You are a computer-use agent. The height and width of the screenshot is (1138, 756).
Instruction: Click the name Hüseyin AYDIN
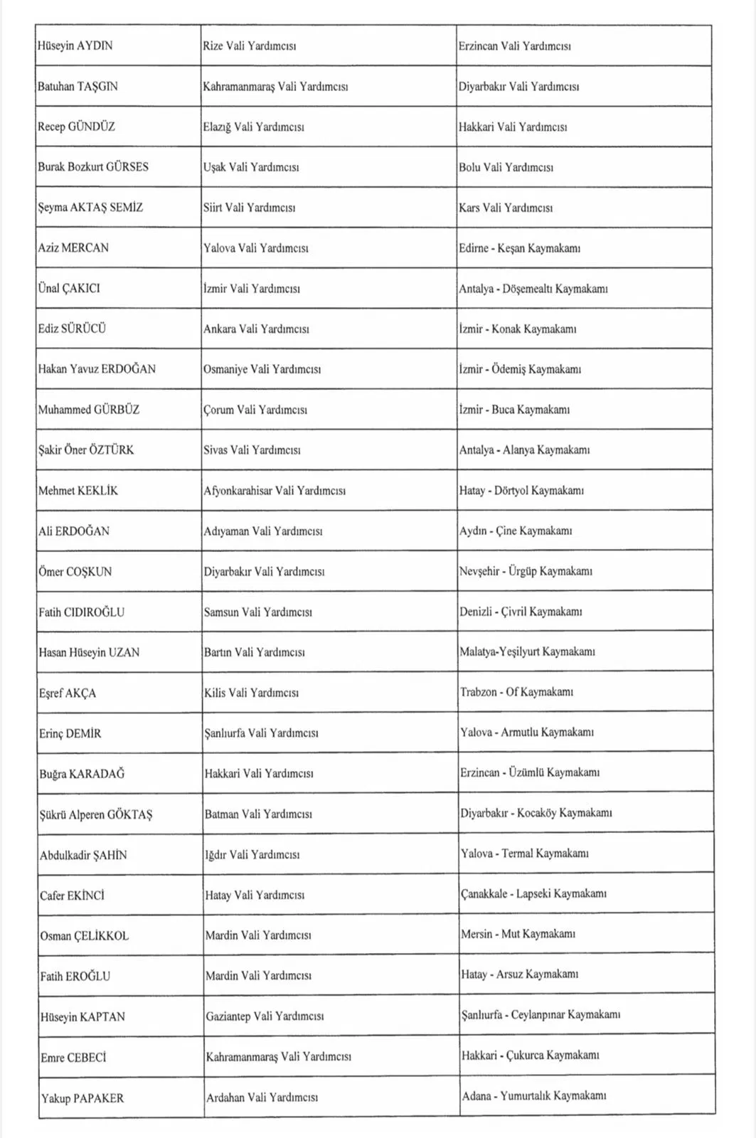point(75,46)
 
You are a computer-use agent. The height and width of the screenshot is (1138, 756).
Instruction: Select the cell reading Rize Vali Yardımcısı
point(249,46)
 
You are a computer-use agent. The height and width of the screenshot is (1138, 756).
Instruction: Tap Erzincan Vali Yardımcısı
point(514,46)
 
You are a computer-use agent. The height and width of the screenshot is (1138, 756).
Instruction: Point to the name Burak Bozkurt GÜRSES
point(93,167)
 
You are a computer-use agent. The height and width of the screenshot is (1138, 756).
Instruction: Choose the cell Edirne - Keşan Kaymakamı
point(519,248)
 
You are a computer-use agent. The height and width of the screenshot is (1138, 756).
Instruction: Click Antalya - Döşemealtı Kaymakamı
point(533,289)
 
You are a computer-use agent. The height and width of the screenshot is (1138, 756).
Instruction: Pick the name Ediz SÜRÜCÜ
point(72,329)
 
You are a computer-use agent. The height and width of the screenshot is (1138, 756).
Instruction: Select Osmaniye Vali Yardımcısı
point(262,369)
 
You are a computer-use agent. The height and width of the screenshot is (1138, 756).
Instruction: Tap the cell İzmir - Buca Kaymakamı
point(514,410)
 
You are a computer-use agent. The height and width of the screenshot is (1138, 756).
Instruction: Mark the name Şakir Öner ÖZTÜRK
point(86,450)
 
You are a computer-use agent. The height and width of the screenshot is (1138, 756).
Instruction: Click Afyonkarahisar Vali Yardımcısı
point(275,491)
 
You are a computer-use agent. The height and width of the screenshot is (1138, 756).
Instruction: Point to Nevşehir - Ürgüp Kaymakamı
point(526,571)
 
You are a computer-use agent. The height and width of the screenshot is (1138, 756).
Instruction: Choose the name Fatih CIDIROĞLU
point(82,612)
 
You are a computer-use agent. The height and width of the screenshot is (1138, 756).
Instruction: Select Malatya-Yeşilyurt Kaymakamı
point(527,652)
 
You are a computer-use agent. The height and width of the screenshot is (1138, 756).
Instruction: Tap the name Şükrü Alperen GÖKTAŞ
point(96,815)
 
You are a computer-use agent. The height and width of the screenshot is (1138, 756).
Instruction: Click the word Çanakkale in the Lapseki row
point(484,894)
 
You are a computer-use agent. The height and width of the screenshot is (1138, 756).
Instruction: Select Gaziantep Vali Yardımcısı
point(265,1016)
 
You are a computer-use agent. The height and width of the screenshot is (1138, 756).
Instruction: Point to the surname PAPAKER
point(97,1098)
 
